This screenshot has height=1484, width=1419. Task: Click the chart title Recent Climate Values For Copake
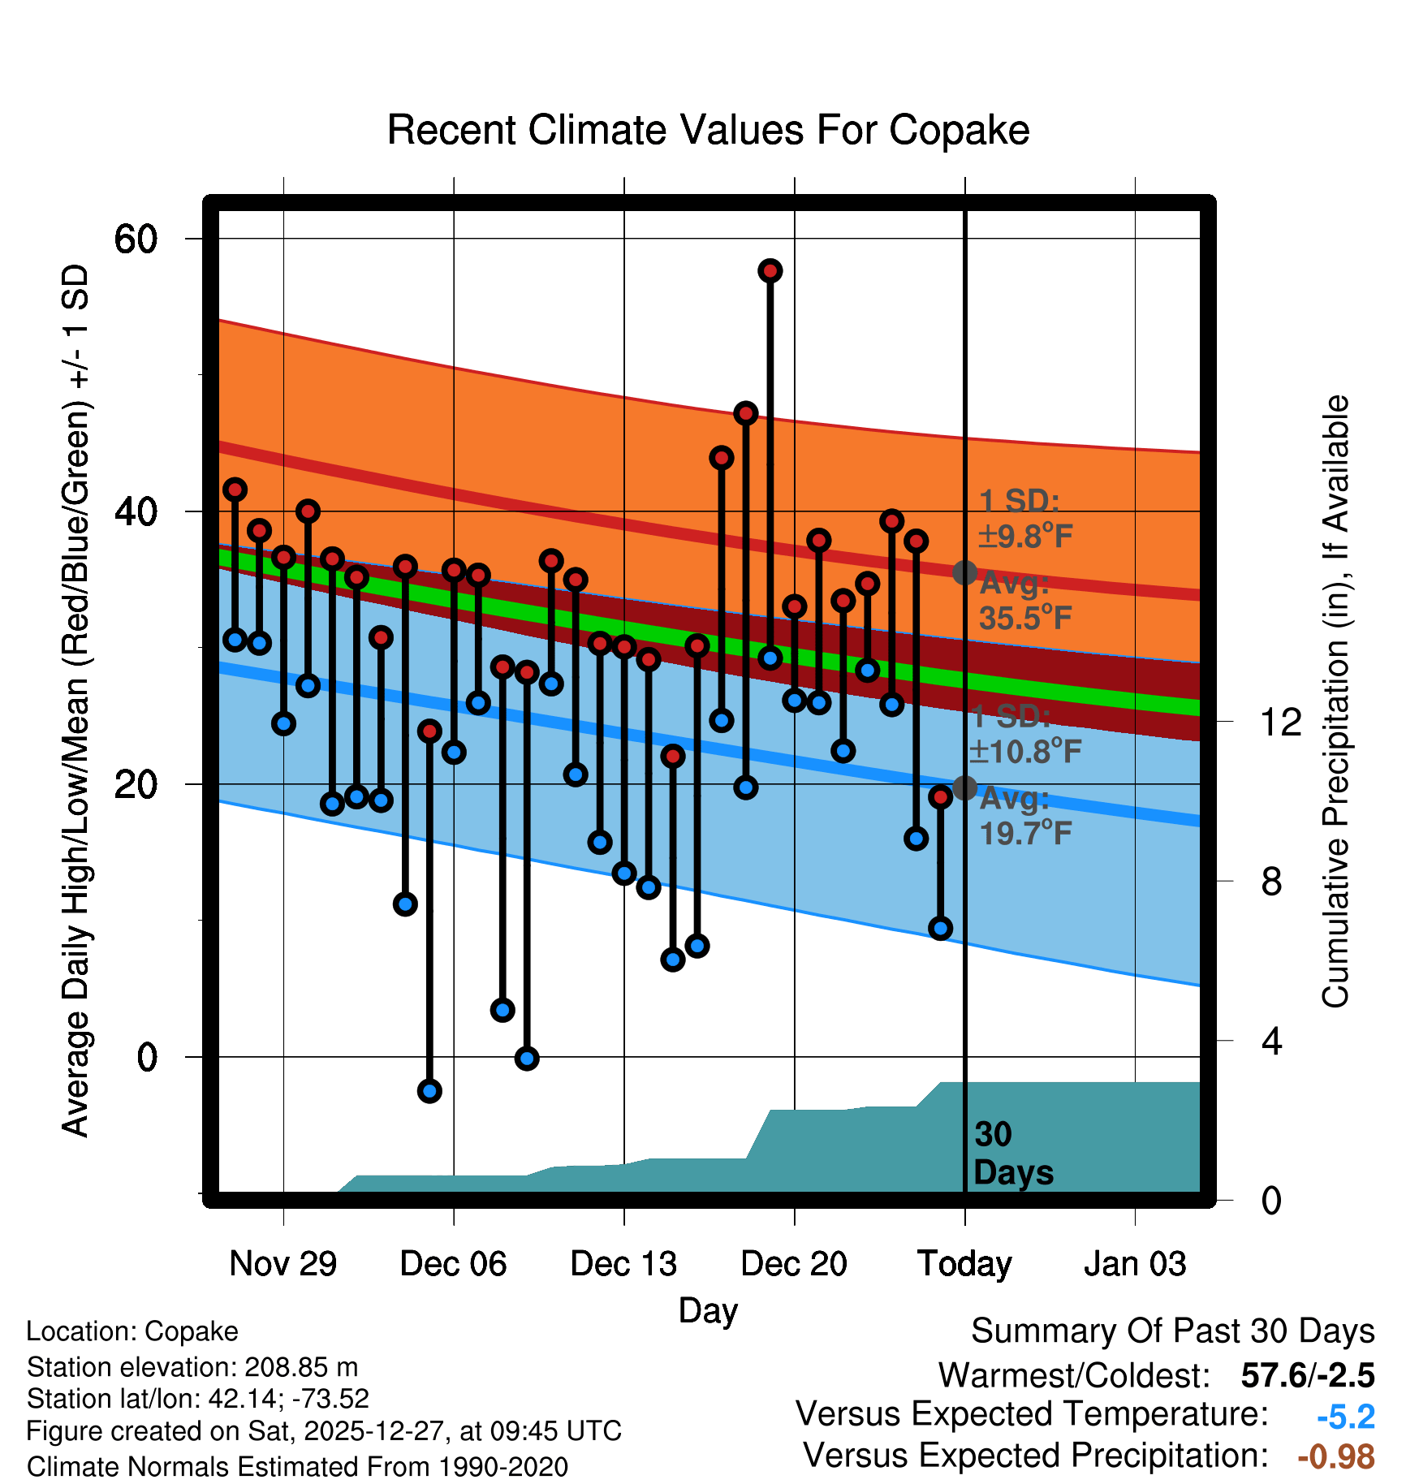pos(708,130)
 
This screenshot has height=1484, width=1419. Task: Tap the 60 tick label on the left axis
pos(135,239)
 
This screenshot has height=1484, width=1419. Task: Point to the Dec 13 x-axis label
pos(623,1264)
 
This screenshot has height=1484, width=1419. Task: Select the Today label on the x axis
pos(964,1264)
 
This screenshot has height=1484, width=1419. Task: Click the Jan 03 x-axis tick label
pos(1135,1264)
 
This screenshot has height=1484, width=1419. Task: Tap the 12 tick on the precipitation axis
pos(1280,722)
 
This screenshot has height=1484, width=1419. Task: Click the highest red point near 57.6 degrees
pos(770,270)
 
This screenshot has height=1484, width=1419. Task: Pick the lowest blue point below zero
pos(429,1090)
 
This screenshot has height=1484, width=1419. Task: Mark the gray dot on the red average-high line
pos(964,572)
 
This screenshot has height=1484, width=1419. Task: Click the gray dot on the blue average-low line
pos(964,787)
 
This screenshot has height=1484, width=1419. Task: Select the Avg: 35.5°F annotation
pos(1024,602)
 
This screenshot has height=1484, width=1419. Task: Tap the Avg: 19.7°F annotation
pos(1024,817)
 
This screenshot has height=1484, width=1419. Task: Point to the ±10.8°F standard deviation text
pos(1024,752)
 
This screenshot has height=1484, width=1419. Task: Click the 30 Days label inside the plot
pos(1011,1154)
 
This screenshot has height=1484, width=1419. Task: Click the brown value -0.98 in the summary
pos(1336,1456)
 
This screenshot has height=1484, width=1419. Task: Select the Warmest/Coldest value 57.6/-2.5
pos(1307,1376)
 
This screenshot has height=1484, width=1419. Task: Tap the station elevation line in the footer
pos(192,1367)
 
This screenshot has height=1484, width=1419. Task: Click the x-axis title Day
pos(708,1310)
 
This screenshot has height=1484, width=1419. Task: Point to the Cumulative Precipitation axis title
pos(1335,701)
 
